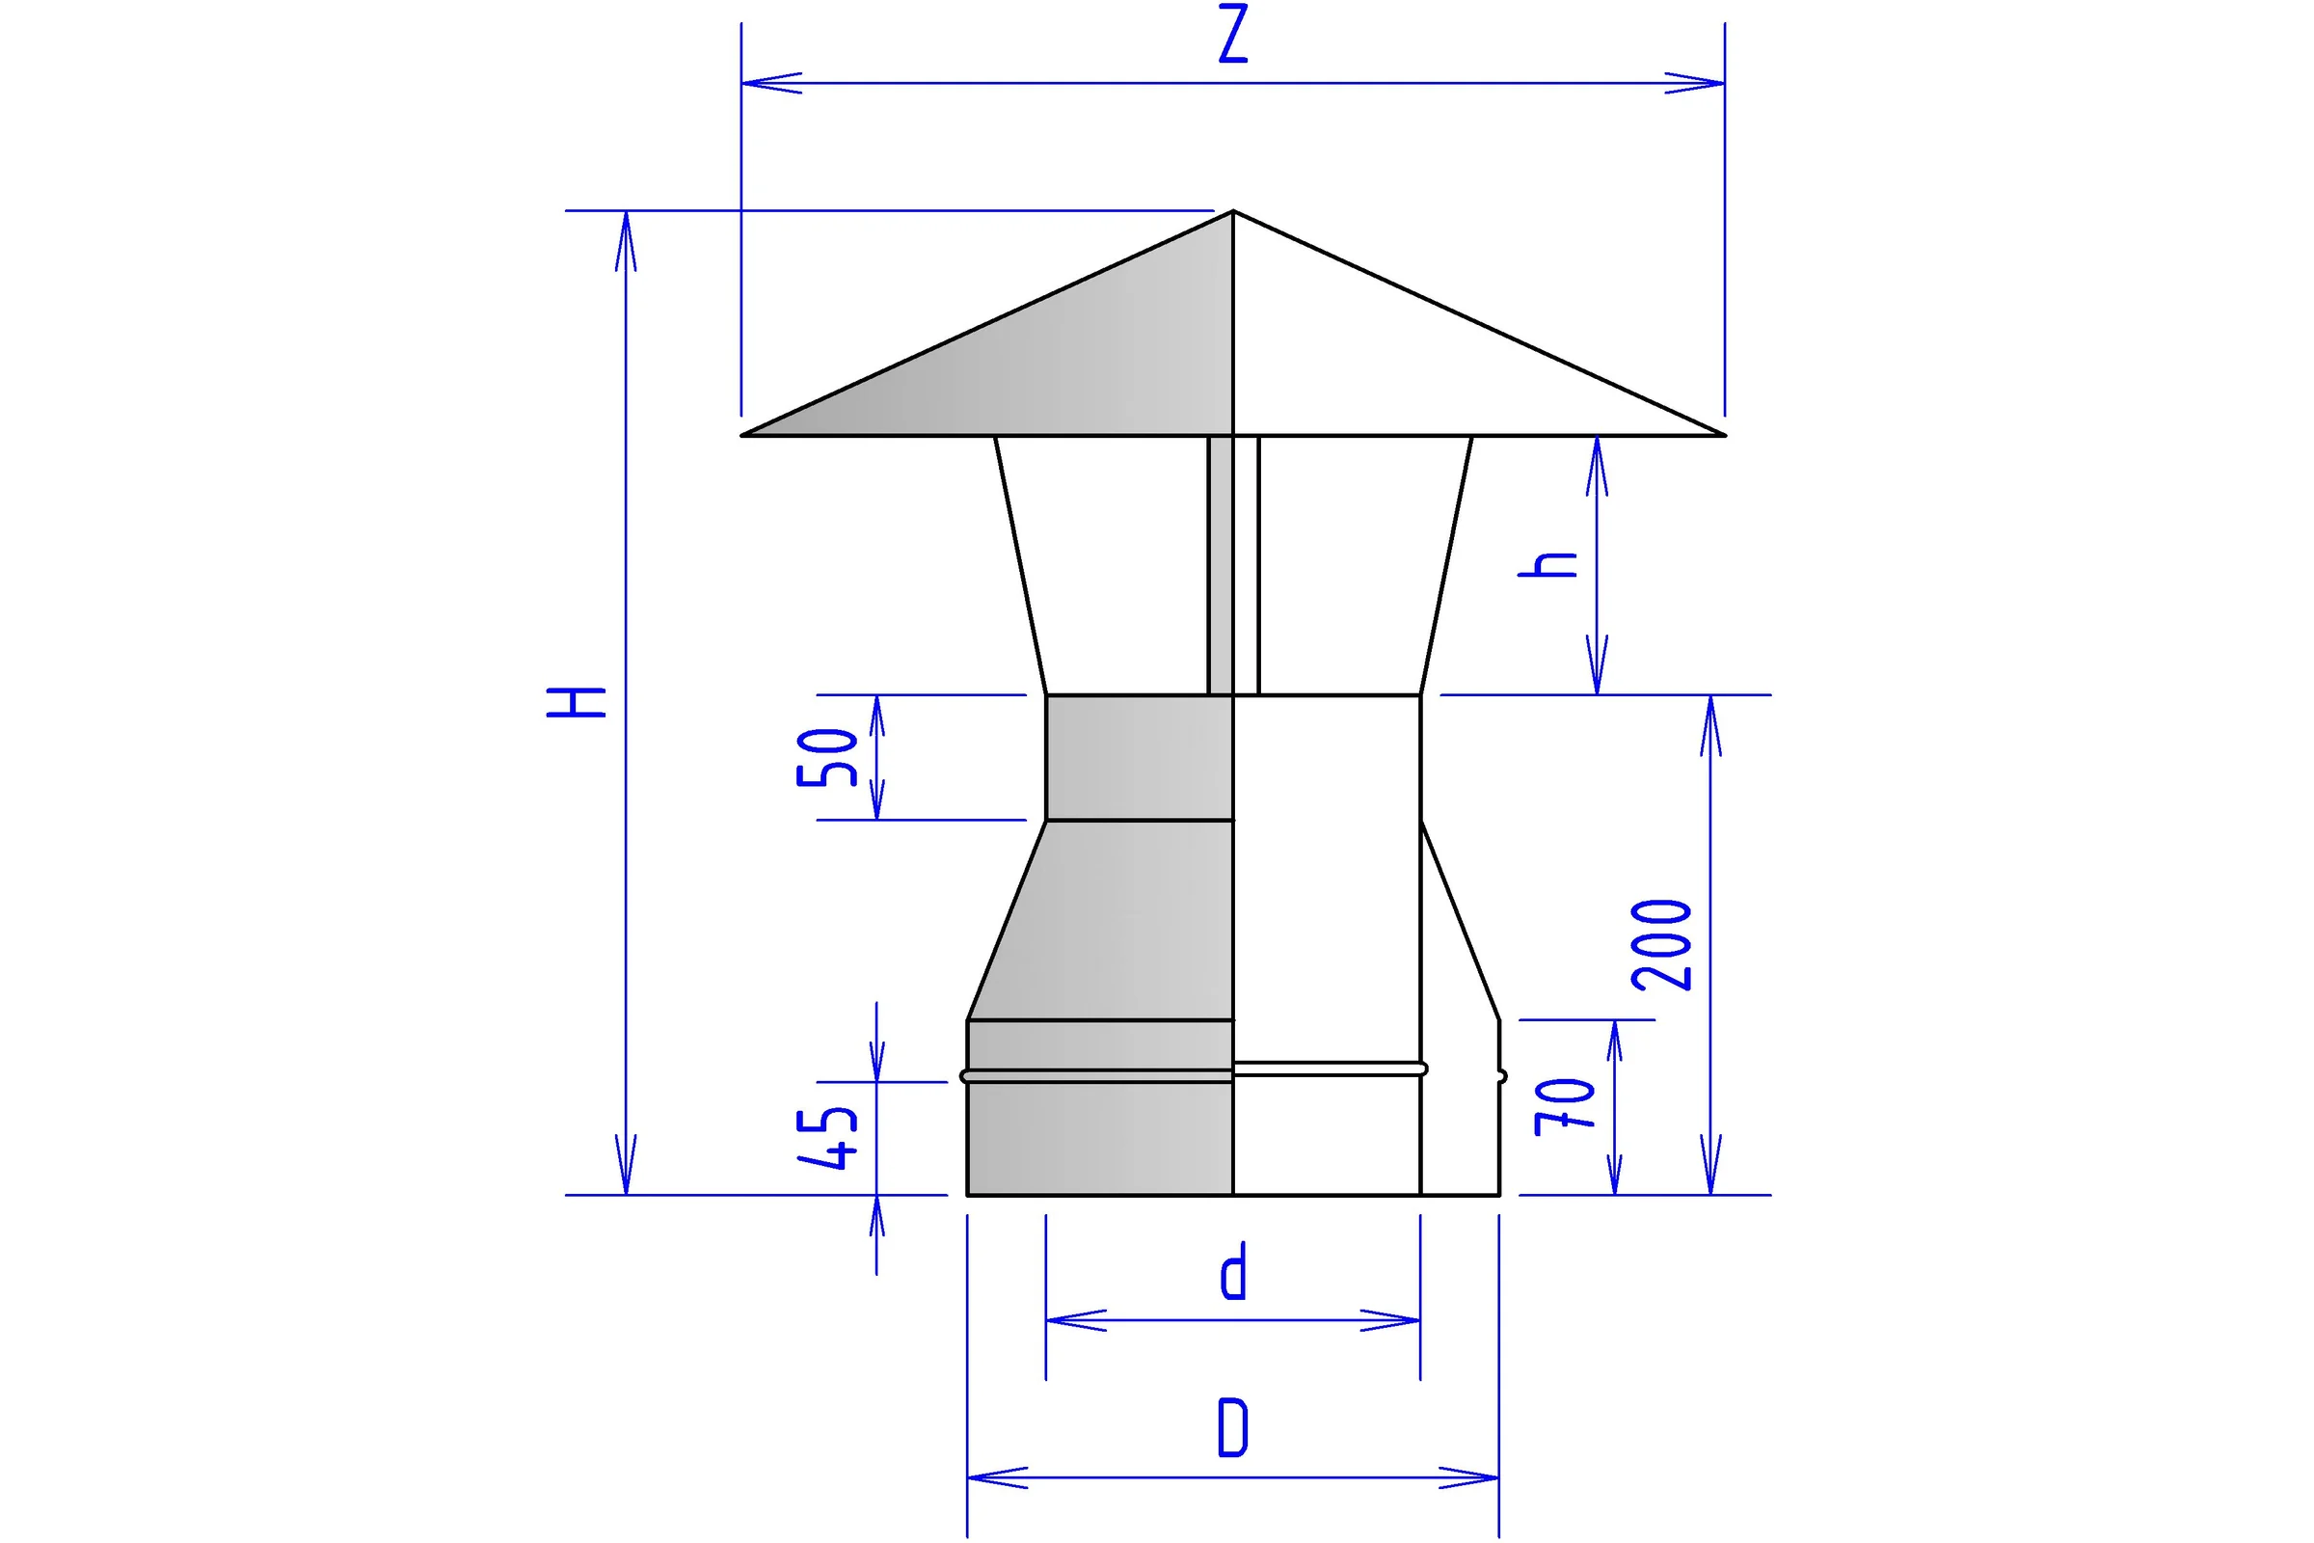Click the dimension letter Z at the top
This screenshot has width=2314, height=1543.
[x=1233, y=34]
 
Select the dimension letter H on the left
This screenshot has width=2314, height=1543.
[x=577, y=702]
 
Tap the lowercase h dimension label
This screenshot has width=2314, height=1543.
[x=1547, y=564]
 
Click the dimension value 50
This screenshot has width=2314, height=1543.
[x=827, y=757]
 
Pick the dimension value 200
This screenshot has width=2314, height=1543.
[x=1660, y=944]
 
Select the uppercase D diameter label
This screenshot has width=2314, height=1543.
[x=1233, y=1427]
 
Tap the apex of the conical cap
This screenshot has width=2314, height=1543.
[x=1233, y=210]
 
